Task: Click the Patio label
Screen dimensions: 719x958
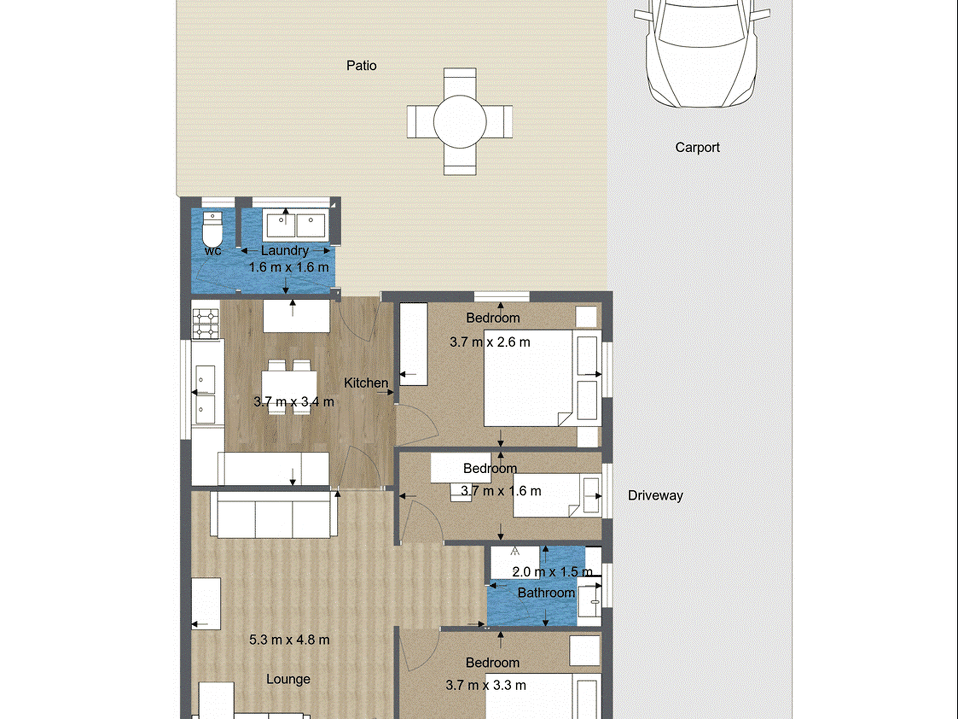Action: [361, 66]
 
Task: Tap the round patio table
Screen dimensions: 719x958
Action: [459, 122]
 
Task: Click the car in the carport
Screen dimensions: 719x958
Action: [701, 50]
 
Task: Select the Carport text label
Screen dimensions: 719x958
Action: [697, 147]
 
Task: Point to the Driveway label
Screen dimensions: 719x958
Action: [655, 495]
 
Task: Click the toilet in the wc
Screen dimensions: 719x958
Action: [212, 230]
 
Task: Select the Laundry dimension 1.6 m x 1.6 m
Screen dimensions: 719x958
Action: [288, 267]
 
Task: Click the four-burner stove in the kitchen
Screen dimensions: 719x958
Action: [205, 324]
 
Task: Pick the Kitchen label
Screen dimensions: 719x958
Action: [366, 383]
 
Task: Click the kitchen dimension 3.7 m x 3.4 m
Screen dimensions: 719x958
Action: [293, 402]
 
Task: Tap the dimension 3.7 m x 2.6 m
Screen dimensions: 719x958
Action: [490, 342]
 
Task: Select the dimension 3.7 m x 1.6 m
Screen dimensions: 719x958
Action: [501, 491]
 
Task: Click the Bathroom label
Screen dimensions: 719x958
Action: [546, 593]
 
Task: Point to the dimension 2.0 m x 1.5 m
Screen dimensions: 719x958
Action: [552, 572]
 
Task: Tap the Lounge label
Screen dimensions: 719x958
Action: [288, 679]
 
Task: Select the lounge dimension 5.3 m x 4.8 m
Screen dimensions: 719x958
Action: [289, 640]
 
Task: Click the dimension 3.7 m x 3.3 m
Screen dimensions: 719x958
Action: [486, 685]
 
